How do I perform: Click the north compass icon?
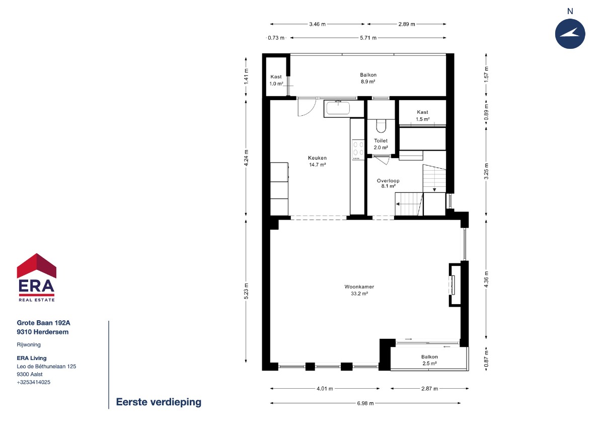570,34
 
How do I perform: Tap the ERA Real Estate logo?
37,277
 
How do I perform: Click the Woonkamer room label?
359,290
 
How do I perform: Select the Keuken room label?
318,161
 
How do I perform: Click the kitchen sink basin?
338,108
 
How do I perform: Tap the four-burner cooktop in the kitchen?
358,150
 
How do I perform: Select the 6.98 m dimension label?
365,403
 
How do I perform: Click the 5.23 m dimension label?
246,291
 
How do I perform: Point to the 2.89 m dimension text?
407,24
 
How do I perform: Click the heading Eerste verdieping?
159,402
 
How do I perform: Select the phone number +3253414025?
33,382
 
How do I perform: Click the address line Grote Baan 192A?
43,323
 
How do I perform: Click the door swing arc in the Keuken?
311,111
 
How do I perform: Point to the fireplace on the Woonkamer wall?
455,285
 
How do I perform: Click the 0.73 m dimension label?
276,38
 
